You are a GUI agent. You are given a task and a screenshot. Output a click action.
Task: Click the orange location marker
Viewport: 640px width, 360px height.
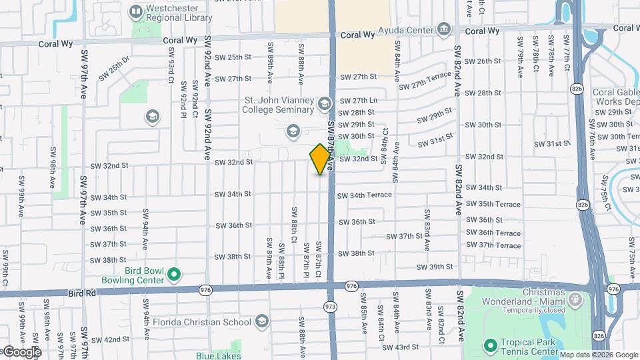pos(321,159)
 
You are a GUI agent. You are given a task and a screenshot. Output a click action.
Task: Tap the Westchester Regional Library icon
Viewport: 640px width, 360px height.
pos(137,11)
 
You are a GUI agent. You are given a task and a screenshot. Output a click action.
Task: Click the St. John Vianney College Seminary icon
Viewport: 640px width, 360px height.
pos(324,103)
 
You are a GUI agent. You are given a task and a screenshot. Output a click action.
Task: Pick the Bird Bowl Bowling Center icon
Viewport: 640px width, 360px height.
pos(174,274)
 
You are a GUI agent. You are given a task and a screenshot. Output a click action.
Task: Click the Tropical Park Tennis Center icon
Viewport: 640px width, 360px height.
pos(491,345)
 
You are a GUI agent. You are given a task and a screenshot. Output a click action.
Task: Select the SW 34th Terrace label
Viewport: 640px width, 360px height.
pos(364,195)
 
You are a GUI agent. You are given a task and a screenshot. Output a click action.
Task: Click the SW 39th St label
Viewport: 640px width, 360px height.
pos(435,267)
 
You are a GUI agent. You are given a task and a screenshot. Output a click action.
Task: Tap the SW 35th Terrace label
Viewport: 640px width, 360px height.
pos(493,204)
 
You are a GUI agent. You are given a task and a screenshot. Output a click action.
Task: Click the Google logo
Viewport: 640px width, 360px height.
pos(21,351)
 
